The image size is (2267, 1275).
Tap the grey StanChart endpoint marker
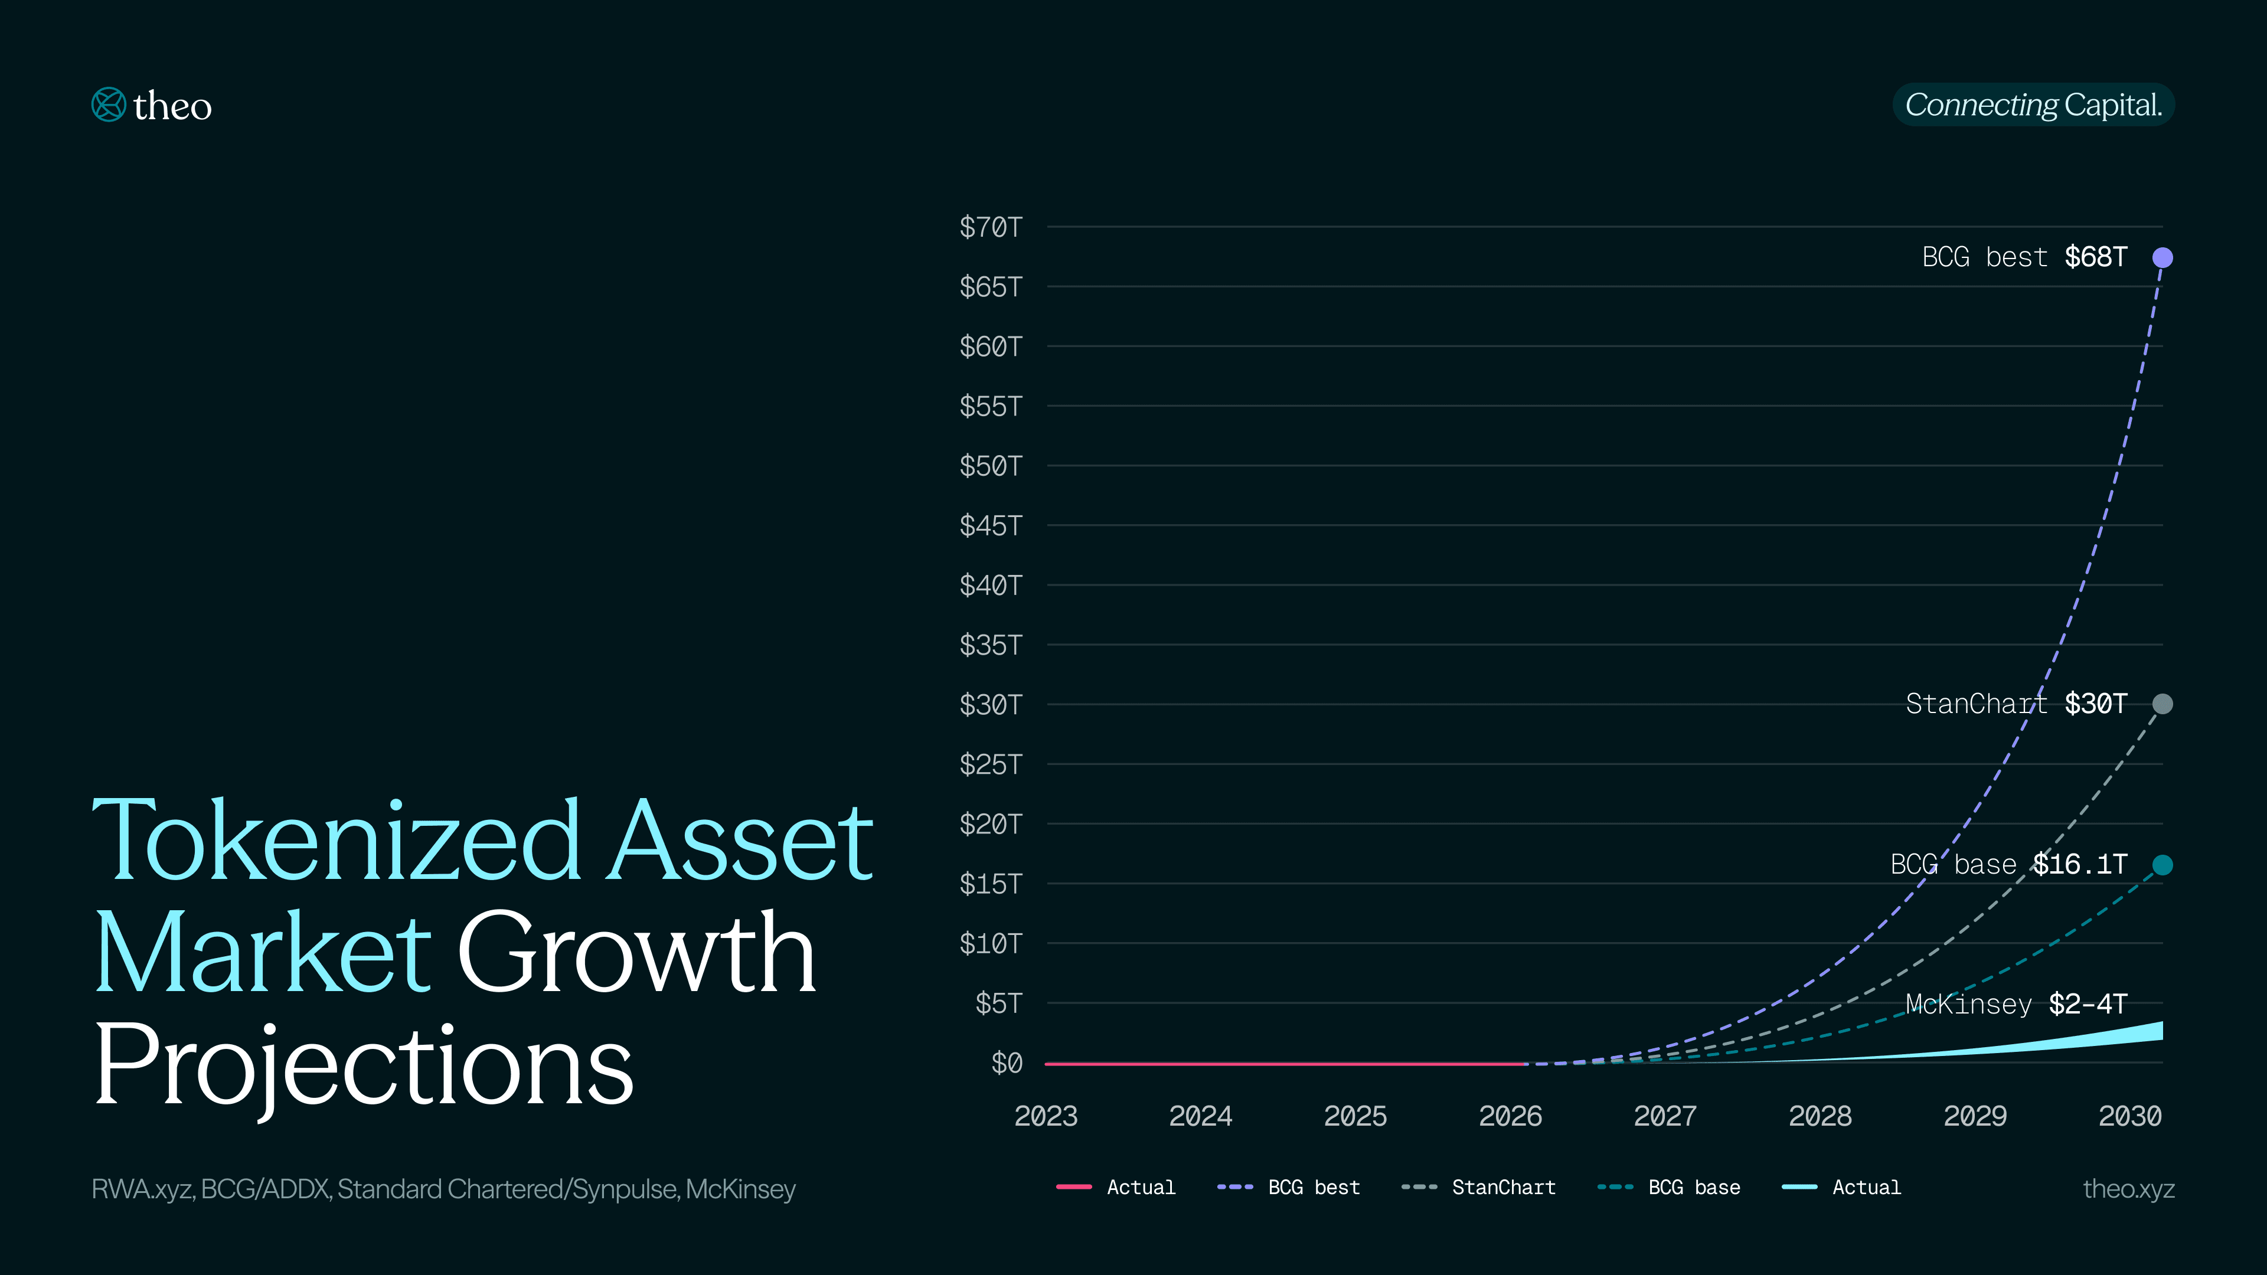click(2163, 704)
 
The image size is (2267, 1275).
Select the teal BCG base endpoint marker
click(2163, 865)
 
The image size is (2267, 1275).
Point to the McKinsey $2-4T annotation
click(2016, 1004)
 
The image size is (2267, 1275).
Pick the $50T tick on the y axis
click(991, 466)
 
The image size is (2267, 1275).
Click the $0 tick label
click(1007, 1063)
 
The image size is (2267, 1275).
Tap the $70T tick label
click(991, 227)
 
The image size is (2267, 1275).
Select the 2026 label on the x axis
click(1510, 1116)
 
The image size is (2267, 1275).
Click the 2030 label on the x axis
click(2129, 1116)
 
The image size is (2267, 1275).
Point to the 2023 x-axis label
click(1046, 1116)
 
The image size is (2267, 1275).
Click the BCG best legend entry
click(1289, 1188)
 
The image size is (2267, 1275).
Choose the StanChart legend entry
click(1478, 1188)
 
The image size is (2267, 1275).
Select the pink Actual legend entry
click(1116, 1188)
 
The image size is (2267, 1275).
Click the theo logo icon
click(109, 104)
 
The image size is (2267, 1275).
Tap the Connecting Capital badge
click(2033, 104)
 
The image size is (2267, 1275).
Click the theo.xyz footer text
click(2128, 1189)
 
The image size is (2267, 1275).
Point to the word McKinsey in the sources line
click(740, 1189)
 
